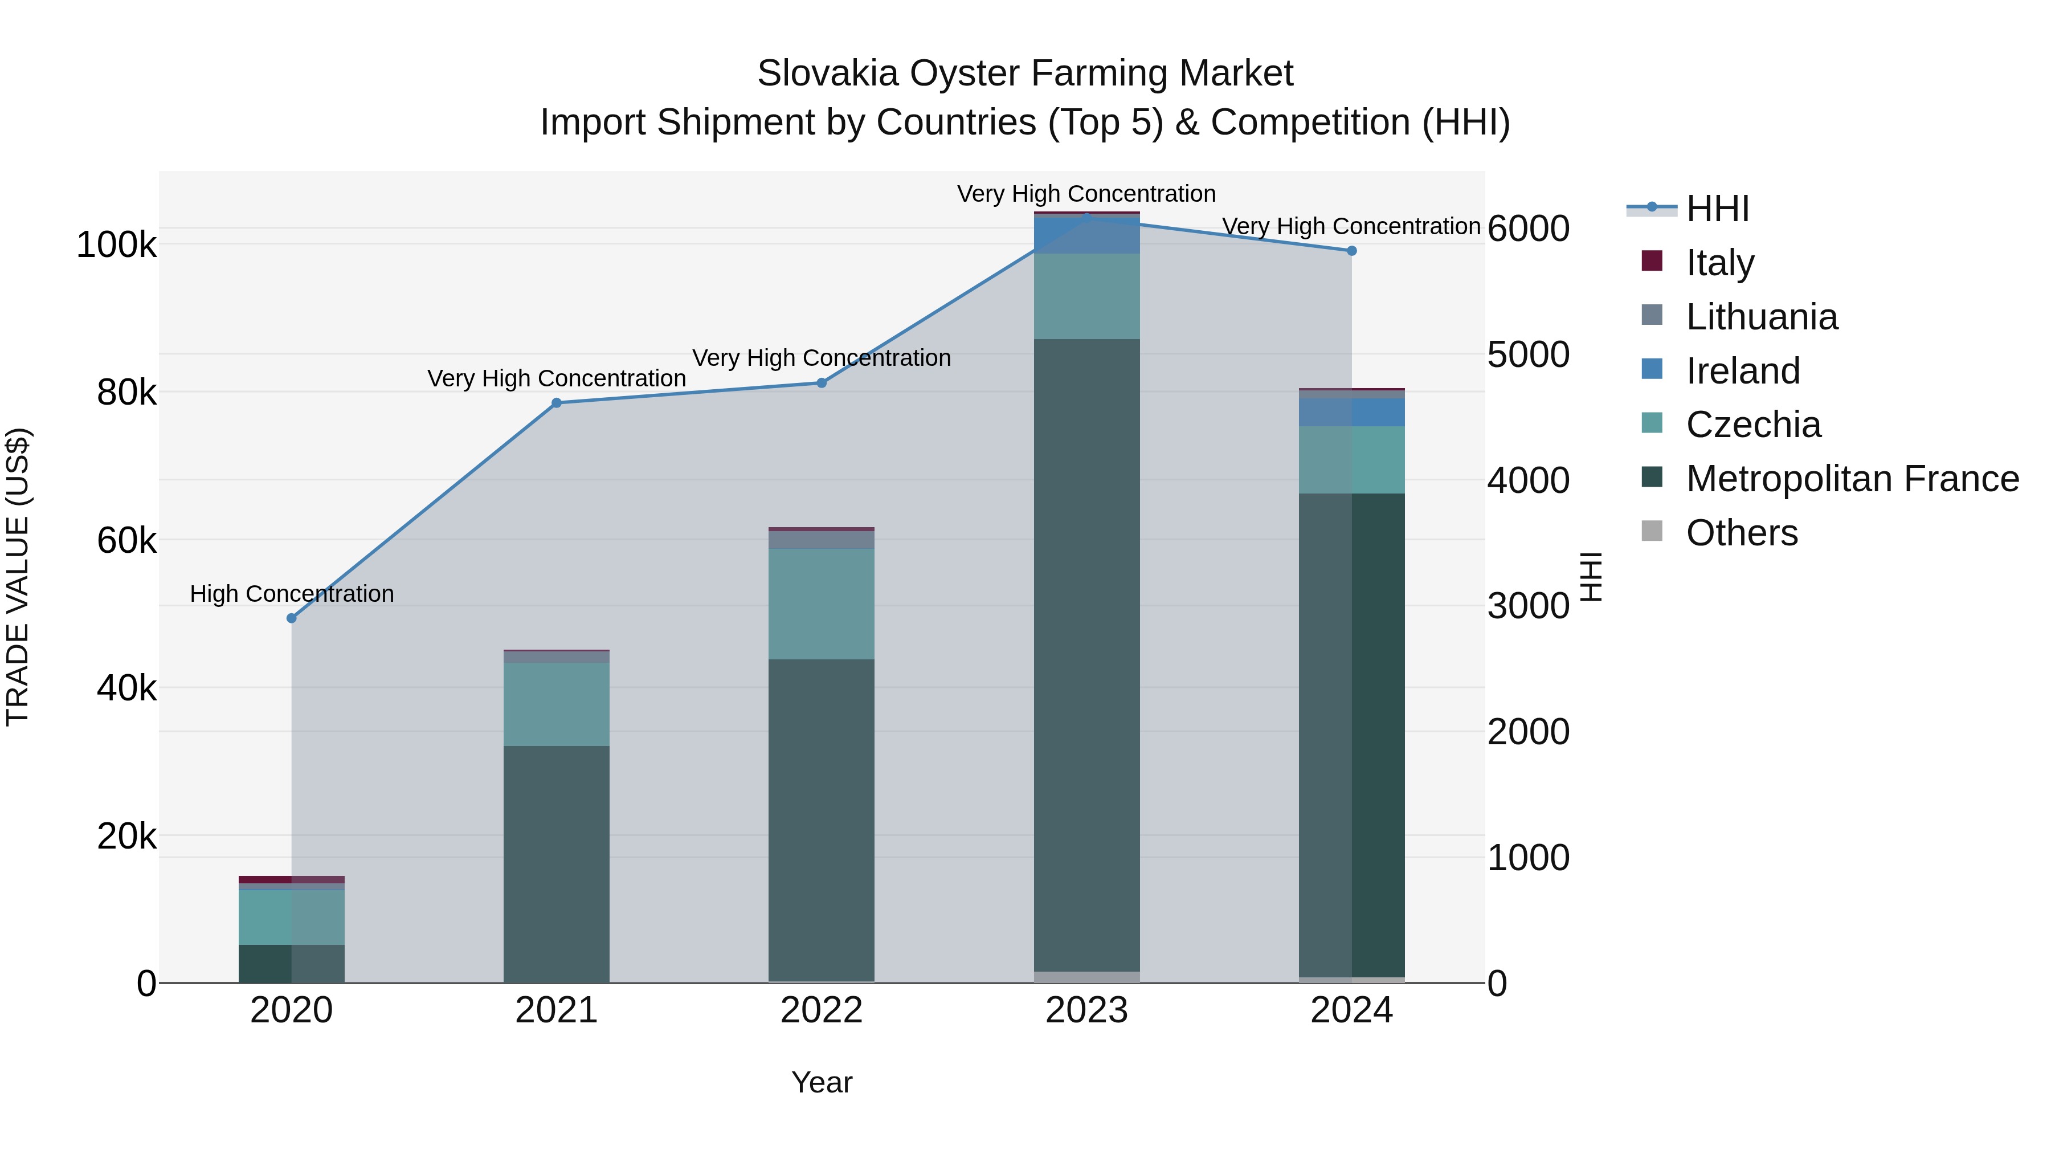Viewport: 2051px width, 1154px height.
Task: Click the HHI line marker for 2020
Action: pyautogui.click(x=291, y=618)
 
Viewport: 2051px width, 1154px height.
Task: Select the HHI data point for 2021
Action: pyautogui.click(x=557, y=403)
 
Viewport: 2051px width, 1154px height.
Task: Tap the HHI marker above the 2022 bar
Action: pyautogui.click(x=822, y=383)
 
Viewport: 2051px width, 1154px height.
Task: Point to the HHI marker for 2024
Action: pyautogui.click(x=1351, y=251)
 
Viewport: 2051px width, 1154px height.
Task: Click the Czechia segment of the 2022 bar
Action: pyautogui.click(x=821, y=603)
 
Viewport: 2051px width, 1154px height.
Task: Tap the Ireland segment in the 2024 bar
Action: pyautogui.click(x=1351, y=413)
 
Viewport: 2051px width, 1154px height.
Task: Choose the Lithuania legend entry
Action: pyautogui.click(x=1761, y=317)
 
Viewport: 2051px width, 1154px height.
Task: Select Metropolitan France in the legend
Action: pyautogui.click(x=1852, y=479)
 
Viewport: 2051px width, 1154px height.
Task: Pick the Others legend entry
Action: pyautogui.click(x=1741, y=533)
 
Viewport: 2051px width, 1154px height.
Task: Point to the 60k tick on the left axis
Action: pyautogui.click(x=126, y=541)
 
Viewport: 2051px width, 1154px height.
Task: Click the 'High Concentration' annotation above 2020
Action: pyautogui.click(x=291, y=594)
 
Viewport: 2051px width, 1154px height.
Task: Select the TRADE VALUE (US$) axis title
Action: pyautogui.click(x=18, y=577)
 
